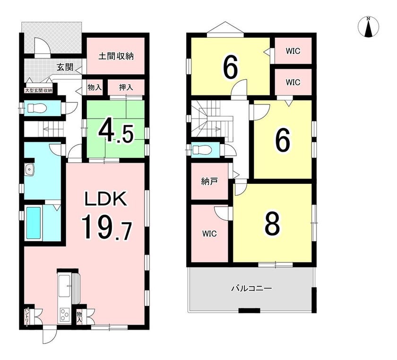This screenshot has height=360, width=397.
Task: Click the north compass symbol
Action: click(368, 26)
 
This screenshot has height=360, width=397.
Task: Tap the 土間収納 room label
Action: click(116, 56)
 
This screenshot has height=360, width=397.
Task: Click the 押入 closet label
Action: click(126, 87)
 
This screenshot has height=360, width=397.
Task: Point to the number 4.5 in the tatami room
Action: click(116, 133)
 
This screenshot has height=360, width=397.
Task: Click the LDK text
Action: click(105, 199)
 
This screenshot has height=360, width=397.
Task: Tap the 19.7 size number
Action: click(106, 227)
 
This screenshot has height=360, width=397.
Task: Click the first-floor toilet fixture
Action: click(36, 108)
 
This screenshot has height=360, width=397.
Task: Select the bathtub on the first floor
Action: click(34, 223)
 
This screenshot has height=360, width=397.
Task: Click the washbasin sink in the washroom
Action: click(30, 169)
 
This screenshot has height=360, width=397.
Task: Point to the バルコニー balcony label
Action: click(251, 288)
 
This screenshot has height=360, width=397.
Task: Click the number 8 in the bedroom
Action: click(272, 223)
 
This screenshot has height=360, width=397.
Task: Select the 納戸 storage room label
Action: click(209, 181)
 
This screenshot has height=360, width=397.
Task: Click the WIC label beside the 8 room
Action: click(209, 233)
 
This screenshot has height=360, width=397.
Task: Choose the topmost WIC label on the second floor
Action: click(293, 51)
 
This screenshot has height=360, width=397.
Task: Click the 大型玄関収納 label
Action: click(38, 90)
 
